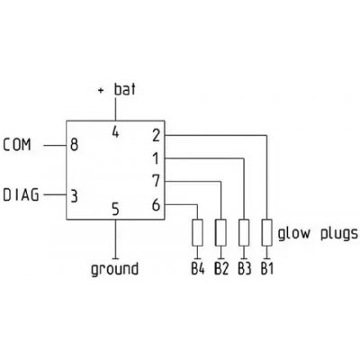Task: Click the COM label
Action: (x=17, y=145)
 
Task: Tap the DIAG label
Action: (x=21, y=194)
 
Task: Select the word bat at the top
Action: (x=125, y=89)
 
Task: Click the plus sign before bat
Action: (x=101, y=90)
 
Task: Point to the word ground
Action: (x=114, y=269)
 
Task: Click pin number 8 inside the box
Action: (x=74, y=145)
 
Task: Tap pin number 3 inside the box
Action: (x=74, y=196)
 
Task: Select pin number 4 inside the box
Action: (x=115, y=132)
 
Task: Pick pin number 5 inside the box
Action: (x=115, y=210)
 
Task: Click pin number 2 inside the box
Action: (x=157, y=135)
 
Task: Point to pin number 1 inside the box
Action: (x=156, y=158)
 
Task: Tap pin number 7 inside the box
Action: (x=156, y=181)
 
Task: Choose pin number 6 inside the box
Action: (x=156, y=205)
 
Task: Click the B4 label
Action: (x=198, y=268)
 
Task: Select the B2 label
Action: (x=221, y=268)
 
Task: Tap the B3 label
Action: (x=245, y=268)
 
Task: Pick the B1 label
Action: (x=267, y=268)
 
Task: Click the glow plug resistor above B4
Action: (x=197, y=233)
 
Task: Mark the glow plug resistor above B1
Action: (x=266, y=233)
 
